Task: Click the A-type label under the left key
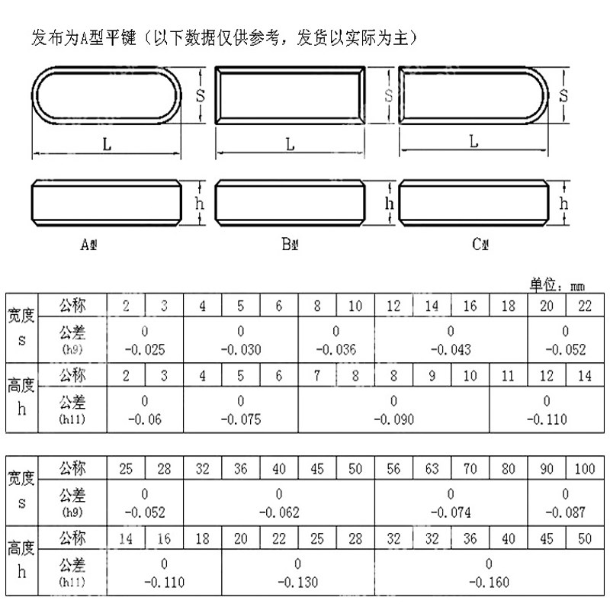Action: click(89, 245)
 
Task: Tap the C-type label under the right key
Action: click(480, 245)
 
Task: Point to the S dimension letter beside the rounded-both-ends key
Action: click(201, 95)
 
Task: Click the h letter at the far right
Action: click(564, 203)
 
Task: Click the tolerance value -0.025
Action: click(145, 350)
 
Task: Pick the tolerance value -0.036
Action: click(335, 350)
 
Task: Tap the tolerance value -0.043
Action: click(451, 350)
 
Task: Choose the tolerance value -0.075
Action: click(241, 419)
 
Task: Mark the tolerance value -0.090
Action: click(393, 419)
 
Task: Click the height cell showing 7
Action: click(317, 375)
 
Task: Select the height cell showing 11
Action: click(509, 375)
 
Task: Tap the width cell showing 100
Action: click(585, 469)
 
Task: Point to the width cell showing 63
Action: click(432, 469)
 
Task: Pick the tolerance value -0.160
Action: click(489, 582)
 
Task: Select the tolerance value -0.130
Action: click(297, 582)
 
